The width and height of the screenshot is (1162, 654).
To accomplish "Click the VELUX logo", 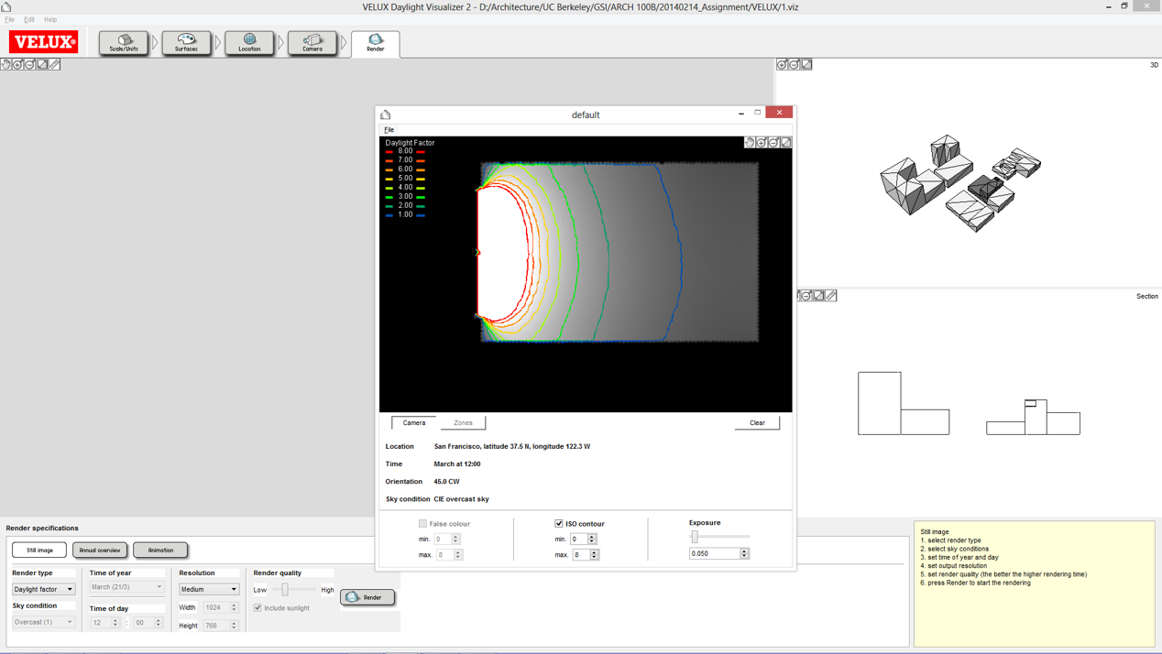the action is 44,42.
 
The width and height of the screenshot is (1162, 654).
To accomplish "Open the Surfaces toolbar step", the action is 186,42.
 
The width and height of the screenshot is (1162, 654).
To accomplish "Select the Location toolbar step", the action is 249,42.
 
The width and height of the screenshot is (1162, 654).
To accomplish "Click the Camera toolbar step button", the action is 312,42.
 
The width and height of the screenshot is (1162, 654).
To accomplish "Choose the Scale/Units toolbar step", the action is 124,42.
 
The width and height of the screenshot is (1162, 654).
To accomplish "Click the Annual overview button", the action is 100,550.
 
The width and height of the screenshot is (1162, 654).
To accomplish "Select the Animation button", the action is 160,550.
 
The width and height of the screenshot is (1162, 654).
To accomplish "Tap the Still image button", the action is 39,550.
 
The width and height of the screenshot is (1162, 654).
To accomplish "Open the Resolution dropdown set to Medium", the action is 209,589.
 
